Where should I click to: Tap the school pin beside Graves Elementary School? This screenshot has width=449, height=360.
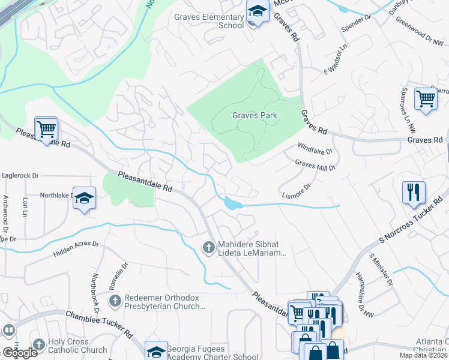257,12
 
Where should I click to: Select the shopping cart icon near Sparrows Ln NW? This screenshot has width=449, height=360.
426,98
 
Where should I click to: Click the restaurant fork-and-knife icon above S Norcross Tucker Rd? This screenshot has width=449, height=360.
414,193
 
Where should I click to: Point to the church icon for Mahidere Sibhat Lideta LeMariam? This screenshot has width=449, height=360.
208,247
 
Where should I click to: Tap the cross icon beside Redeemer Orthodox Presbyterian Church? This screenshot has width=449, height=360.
115,299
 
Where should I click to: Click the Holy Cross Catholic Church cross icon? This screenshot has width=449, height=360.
39,344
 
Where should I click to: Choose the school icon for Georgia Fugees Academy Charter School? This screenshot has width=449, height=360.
156,351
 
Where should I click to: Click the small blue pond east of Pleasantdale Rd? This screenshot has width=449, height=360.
232,204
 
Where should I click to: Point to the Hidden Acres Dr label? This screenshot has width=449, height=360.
76,249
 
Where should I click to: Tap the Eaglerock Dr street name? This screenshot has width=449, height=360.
19,176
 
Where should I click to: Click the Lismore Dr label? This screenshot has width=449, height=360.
296,191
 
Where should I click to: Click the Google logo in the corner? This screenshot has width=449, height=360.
20,353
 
